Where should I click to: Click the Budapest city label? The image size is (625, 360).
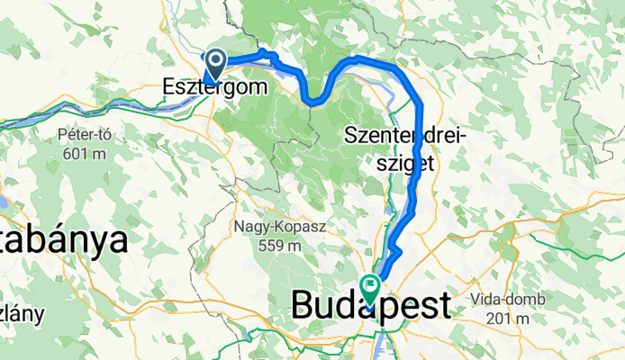[370, 308]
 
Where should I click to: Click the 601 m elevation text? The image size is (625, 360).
[84, 153]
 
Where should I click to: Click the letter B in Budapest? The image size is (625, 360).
[303, 308]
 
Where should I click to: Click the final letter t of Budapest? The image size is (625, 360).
[440, 308]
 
